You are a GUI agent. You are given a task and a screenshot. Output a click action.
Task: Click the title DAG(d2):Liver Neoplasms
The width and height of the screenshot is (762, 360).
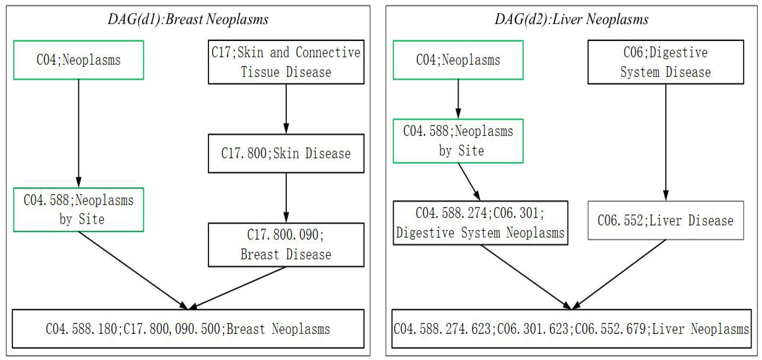pos(571,19)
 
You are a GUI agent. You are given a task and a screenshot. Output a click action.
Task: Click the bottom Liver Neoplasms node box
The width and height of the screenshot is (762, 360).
pos(571,329)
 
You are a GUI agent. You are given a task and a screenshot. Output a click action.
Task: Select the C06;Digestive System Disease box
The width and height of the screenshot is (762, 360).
pos(665,62)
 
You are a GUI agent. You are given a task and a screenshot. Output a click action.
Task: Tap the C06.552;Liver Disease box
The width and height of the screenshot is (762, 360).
pos(665,220)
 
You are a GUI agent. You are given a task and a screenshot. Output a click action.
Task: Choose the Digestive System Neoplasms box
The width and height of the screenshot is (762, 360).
pos(480,223)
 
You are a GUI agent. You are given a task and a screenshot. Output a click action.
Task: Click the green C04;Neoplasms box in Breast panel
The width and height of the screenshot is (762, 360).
pos(78,60)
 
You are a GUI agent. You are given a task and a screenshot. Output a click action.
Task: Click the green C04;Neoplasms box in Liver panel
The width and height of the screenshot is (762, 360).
pos(458,60)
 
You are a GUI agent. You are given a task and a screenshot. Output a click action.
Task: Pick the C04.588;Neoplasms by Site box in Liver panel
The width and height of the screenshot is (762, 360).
pos(458,141)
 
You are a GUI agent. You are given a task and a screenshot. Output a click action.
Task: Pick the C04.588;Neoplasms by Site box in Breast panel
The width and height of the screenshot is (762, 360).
pos(78,209)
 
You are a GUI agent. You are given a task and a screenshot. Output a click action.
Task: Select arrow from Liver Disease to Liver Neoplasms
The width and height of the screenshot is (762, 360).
pos(618,274)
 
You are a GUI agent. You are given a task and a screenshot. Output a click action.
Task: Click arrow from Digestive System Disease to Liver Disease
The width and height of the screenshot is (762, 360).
pos(666,142)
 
